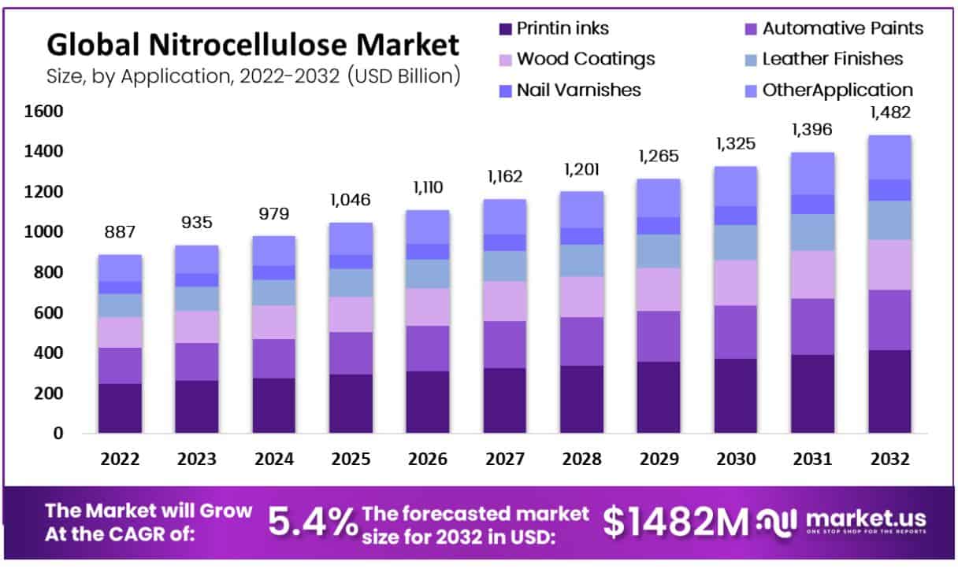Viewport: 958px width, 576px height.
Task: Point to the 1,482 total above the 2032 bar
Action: point(889,113)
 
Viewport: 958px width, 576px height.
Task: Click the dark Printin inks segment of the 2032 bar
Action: point(889,391)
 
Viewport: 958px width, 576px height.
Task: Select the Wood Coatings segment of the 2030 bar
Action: point(736,282)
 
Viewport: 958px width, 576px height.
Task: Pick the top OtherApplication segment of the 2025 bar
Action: point(351,238)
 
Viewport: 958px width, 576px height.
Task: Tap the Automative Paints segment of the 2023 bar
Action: point(197,362)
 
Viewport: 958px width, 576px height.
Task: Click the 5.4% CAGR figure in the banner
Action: point(313,522)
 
